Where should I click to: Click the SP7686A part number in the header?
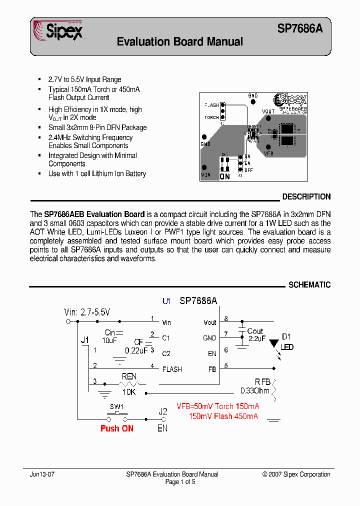coord(299,29)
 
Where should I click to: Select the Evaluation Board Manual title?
coord(179,42)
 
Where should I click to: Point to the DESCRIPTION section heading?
coord(306,197)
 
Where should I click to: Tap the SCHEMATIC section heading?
coord(309,285)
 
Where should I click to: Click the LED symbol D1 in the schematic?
coord(274,344)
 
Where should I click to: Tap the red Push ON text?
coord(116,428)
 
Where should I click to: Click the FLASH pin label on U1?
coord(172,369)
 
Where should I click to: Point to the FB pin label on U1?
coord(212,369)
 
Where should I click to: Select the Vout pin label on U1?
coord(210,322)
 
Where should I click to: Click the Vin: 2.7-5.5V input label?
coord(87,312)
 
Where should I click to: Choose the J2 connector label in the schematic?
coord(163,412)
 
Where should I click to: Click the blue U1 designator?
coord(166,301)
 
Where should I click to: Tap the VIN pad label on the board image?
coord(206,175)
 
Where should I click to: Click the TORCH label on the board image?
coord(211,117)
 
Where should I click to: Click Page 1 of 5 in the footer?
coord(180,482)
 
